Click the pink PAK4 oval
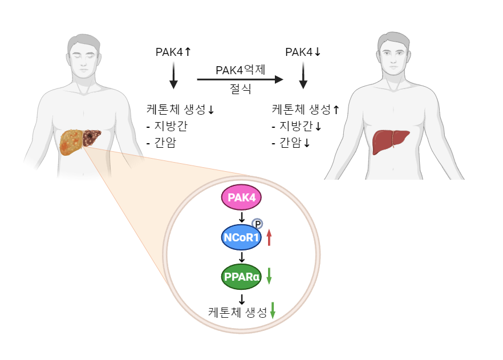241,197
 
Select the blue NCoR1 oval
241,237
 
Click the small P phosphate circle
257,224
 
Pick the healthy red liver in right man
391,141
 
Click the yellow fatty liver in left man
71,141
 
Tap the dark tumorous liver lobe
91,137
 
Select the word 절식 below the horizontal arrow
240,89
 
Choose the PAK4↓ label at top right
303,52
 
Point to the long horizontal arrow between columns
240,80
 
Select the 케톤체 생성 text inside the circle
237,312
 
